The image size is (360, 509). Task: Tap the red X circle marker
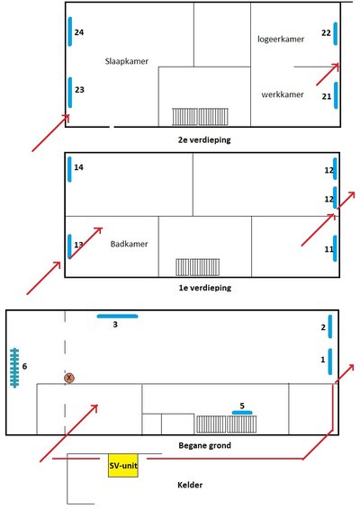(x=69, y=379)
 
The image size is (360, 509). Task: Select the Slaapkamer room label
(x=127, y=61)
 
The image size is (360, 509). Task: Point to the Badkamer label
(x=129, y=244)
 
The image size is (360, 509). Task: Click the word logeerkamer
(x=281, y=39)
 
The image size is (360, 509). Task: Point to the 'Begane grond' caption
(x=205, y=444)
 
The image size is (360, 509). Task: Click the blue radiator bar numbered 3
(x=118, y=316)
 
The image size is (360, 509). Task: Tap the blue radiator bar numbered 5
(x=242, y=412)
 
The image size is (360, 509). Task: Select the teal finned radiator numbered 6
(x=15, y=367)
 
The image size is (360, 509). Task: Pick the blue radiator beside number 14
(x=70, y=168)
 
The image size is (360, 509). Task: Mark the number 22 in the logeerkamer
(x=326, y=32)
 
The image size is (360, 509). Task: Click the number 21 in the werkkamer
(x=326, y=96)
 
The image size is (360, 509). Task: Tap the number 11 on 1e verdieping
(x=328, y=248)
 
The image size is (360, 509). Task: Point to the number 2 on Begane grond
(x=322, y=327)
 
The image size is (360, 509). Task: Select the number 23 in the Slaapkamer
(x=79, y=90)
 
